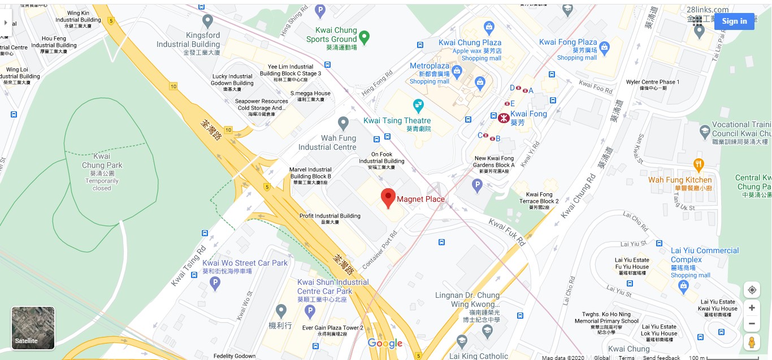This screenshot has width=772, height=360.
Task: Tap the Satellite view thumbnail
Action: tap(33, 328)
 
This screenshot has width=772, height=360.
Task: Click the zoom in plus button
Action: tap(751, 308)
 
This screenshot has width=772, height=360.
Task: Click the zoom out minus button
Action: tap(751, 324)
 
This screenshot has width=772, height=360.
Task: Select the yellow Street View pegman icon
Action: tap(751, 342)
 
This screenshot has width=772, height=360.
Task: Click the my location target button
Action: tap(751, 290)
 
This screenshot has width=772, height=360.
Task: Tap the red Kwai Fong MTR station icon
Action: tap(502, 118)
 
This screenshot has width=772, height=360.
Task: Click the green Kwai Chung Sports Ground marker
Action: tap(365, 37)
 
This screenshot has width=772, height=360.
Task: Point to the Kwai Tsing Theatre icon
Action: tap(418, 105)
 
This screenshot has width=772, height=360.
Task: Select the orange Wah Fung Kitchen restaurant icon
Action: tap(699, 164)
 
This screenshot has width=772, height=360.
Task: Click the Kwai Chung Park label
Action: tap(102, 161)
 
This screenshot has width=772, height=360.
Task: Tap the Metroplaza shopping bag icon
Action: tap(457, 71)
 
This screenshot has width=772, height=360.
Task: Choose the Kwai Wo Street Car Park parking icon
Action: tap(214, 284)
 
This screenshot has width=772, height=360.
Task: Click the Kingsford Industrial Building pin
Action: tap(207, 21)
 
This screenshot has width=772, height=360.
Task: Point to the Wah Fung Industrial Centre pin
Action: tap(343, 123)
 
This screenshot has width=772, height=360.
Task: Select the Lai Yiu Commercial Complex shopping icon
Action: tap(685, 287)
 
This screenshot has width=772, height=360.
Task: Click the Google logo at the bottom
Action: tap(385, 343)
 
